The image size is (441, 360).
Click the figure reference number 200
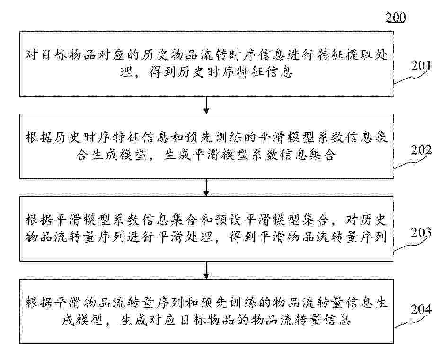(396, 18)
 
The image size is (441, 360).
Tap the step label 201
(421, 66)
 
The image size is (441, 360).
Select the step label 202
(421, 150)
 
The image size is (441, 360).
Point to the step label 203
(421, 233)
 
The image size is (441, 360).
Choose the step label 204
(421, 309)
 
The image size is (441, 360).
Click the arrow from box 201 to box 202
(206, 105)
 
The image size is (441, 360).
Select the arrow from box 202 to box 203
(206, 187)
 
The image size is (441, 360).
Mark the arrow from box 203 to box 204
(206, 270)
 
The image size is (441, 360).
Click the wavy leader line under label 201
(411, 77)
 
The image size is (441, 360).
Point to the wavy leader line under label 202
(411, 161)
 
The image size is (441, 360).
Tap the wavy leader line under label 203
(411, 244)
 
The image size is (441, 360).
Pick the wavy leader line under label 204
(411, 320)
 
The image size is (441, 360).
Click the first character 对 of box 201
(32, 54)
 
